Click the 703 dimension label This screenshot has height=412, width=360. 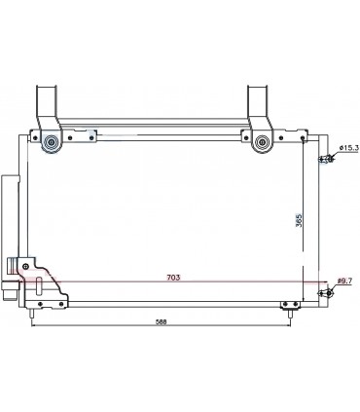(x=173, y=278)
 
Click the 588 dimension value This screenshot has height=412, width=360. (x=161, y=322)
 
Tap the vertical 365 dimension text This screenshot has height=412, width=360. (x=299, y=220)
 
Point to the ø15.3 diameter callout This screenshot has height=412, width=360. (x=349, y=148)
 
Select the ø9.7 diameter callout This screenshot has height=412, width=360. (x=344, y=281)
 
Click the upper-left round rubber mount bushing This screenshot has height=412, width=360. (x=51, y=142)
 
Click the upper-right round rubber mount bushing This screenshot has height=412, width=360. (x=262, y=142)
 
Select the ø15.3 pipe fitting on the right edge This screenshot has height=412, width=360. (x=327, y=159)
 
